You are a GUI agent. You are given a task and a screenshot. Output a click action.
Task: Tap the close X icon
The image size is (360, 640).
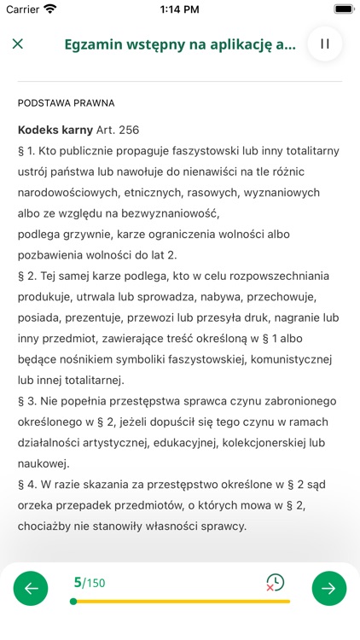(x=18, y=44)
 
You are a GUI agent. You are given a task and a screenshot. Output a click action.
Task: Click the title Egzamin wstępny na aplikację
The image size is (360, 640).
(x=180, y=44)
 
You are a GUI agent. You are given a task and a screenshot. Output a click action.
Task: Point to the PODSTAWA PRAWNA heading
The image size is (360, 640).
(x=66, y=103)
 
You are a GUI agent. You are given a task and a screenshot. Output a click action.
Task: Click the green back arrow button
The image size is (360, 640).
(x=32, y=588)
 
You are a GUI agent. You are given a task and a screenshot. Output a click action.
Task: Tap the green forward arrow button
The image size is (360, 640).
(x=328, y=588)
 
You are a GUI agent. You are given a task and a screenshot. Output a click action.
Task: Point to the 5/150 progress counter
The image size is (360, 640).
(x=90, y=583)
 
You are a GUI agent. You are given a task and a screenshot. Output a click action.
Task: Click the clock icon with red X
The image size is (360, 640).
(x=275, y=583)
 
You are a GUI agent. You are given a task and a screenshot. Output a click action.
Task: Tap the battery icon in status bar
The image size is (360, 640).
(x=343, y=9)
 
